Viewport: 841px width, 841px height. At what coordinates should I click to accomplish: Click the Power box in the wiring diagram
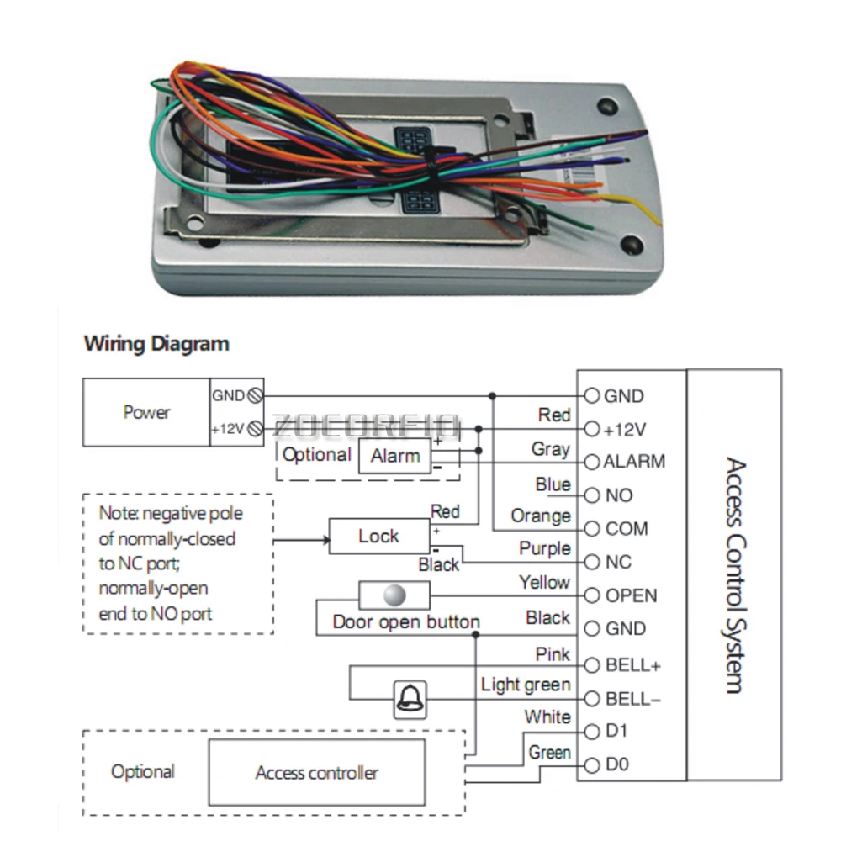[145, 412]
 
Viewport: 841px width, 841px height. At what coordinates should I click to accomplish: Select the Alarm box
[394, 456]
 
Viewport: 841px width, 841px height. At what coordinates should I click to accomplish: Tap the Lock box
[379, 536]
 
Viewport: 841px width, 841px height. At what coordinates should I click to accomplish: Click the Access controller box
[317, 772]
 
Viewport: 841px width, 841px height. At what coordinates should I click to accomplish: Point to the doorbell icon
[410, 700]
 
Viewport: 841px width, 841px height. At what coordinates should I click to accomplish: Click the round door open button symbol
[394, 595]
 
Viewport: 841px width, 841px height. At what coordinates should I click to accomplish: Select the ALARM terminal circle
[591, 462]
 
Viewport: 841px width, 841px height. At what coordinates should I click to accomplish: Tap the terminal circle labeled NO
[591, 495]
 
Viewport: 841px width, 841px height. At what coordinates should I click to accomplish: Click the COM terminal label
[627, 529]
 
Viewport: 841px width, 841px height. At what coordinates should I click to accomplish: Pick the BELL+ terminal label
[633, 665]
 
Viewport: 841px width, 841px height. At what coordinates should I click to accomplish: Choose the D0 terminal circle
[591, 765]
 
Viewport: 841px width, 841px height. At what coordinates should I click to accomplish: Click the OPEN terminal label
[631, 596]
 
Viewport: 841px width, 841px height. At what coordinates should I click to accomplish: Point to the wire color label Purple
[544, 548]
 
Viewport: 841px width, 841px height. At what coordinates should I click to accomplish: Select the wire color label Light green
[526, 685]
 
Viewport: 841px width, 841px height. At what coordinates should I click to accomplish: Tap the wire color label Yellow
[544, 582]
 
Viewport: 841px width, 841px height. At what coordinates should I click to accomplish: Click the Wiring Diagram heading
[156, 343]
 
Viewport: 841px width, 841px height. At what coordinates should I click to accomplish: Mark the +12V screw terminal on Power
[256, 429]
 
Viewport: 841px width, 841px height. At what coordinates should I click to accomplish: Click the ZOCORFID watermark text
[367, 426]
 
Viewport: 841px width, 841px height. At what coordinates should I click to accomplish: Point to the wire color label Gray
[550, 449]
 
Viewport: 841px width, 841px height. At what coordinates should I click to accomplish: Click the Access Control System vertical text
[735, 575]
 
